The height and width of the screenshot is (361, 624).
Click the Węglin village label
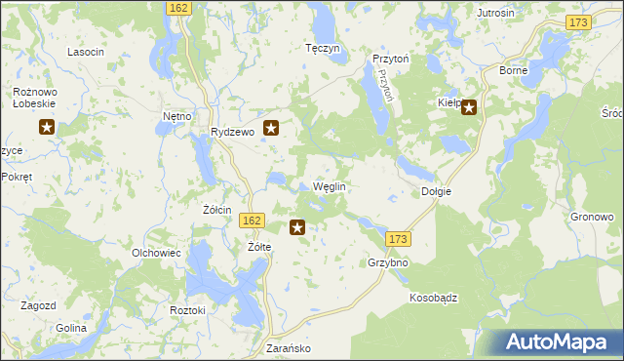[x=330, y=186]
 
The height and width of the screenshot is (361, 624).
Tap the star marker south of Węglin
[x=297, y=227]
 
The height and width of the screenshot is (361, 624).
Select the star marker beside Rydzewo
[x=273, y=126]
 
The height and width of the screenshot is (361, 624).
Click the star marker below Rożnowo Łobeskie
[x=46, y=126]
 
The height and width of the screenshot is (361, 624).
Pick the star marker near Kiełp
[x=469, y=107]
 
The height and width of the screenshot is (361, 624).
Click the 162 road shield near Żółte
[x=252, y=221]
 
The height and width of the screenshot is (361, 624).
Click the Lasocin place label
[x=86, y=52]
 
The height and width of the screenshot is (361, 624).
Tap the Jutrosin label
[x=495, y=13]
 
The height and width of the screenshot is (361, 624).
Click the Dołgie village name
[x=436, y=191]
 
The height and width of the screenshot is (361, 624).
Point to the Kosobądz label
[x=434, y=299]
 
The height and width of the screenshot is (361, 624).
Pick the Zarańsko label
[x=288, y=347]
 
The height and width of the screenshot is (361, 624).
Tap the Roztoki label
[x=187, y=309]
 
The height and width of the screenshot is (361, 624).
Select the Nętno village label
[x=176, y=116]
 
